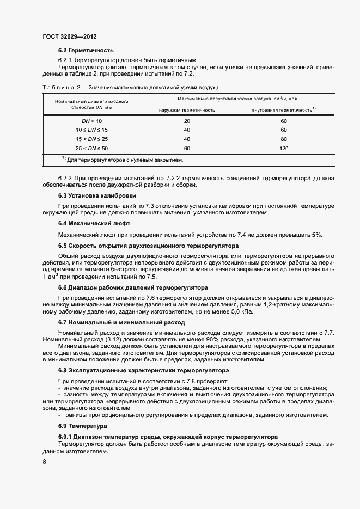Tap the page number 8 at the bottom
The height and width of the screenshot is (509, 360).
pyautogui.click(x=44, y=462)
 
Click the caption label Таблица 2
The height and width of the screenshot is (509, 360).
pyautogui.click(x=57, y=87)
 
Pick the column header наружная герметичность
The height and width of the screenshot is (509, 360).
pyautogui.click(x=187, y=110)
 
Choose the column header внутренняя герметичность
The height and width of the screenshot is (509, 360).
pyautogui.click(x=283, y=110)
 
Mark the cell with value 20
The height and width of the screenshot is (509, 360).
pyautogui.click(x=187, y=121)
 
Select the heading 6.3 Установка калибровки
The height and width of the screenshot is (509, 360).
pyautogui.click(x=97, y=195)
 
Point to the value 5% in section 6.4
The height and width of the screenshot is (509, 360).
pyautogui.click(x=316, y=235)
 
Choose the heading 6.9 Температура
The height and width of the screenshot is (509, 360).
pyautogui.click(x=83, y=425)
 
